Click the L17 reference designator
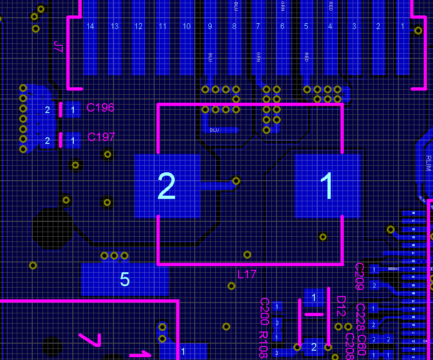(x=247, y=274)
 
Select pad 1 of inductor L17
(x=328, y=186)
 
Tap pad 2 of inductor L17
(x=167, y=186)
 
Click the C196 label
(x=100, y=108)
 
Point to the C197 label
(x=101, y=137)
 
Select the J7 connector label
(x=58, y=47)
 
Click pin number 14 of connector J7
(x=90, y=26)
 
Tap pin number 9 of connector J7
(x=210, y=26)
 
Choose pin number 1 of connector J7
(x=403, y=26)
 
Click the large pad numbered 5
(x=125, y=279)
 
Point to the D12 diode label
(x=341, y=305)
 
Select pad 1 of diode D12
(x=314, y=297)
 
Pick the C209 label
(x=360, y=276)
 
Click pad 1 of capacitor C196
(x=72, y=110)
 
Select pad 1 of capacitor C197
(x=72, y=140)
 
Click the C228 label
(x=361, y=317)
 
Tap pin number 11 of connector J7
(x=162, y=26)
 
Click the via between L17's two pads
(x=236, y=180)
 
